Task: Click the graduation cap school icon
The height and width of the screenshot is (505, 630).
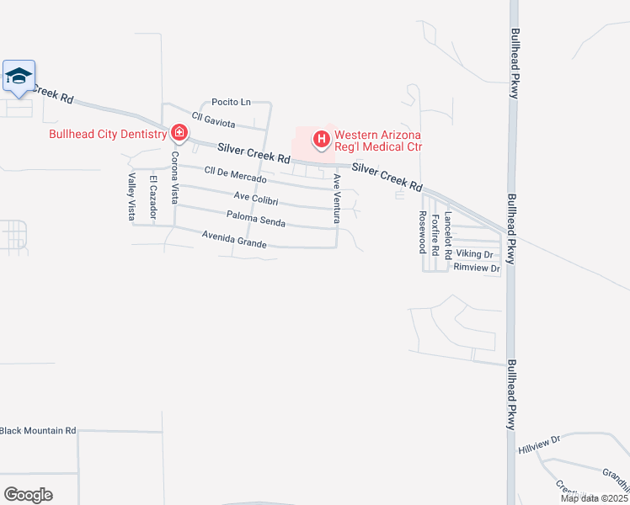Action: [x=19, y=77]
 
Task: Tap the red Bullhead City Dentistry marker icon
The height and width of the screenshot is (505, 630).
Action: [x=179, y=132]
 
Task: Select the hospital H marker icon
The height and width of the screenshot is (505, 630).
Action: [x=321, y=139]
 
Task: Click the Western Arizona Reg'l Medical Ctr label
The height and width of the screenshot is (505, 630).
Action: [x=377, y=141]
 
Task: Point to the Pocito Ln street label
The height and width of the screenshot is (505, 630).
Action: [x=231, y=102]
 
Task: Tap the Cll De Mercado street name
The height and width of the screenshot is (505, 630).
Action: [x=235, y=174]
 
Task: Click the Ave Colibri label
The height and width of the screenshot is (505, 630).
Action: [x=256, y=199]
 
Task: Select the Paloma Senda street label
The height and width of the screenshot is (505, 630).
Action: [x=255, y=220]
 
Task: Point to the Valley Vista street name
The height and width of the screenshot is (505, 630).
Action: [x=132, y=197]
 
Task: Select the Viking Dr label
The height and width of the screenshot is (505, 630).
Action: [x=474, y=253]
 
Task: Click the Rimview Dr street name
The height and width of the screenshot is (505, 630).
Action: [x=477, y=268]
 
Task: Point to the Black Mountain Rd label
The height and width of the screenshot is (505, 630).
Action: [x=38, y=431]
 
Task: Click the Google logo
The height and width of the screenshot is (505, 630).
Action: [x=28, y=494]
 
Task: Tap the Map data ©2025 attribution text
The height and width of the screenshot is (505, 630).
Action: [x=594, y=498]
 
